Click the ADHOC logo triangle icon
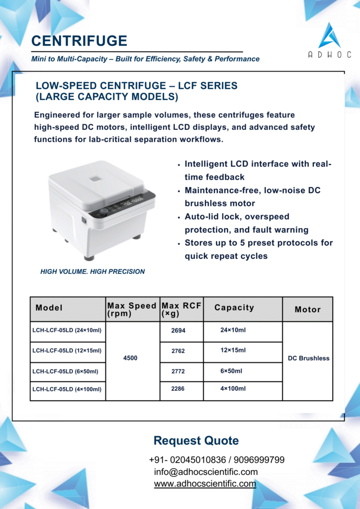(x=330, y=35)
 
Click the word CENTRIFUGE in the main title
(x=79, y=41)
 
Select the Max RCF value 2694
(x=178, y=331)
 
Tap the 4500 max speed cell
(x=130, y=358)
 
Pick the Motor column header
(x=308, y=310)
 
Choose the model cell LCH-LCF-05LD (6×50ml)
(x=65, y=371)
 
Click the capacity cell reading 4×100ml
(x=233, y=389)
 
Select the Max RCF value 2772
(x=178, y=371)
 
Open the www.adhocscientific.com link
(x=205, y=484)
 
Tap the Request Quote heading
(x=196, y=440)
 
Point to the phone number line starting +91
(x=217, y=460)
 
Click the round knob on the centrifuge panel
(x=104, y=211)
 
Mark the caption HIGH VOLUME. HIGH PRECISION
(x=92, y=272)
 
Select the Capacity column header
(x=234, y=308)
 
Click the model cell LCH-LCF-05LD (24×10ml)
(x=67, y=331)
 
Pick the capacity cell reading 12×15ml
(x=233, y=350)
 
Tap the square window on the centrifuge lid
(x=95, y=178)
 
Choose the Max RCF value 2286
(x=178, y=389)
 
